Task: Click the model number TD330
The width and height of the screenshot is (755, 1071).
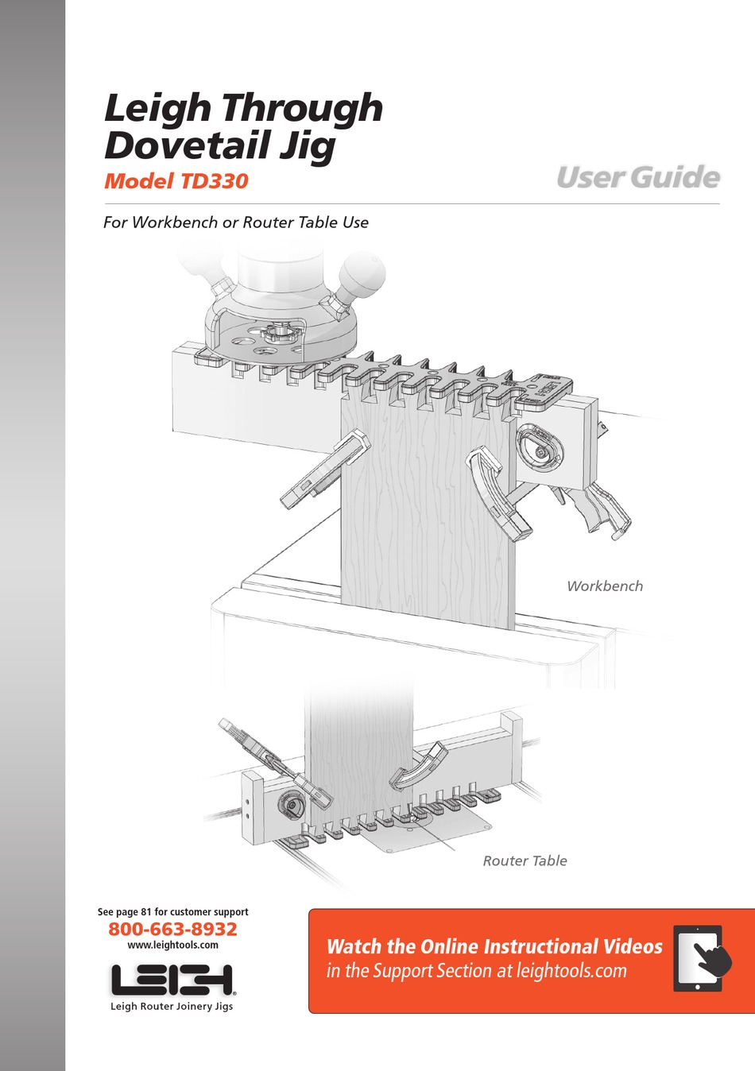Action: point(215,181)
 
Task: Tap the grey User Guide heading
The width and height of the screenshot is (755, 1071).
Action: point(637,177)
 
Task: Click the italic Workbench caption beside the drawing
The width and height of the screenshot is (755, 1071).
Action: point(604,586)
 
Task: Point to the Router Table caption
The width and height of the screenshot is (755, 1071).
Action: point(525,860)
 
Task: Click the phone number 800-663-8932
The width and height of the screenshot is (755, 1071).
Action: point(172,929)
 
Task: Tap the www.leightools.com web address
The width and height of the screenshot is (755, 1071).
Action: point(172,945)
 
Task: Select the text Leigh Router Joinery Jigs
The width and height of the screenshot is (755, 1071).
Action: point(172,1006)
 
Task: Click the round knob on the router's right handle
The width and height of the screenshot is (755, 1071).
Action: point(362,275)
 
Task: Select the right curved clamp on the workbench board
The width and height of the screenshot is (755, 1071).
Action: point(498,493)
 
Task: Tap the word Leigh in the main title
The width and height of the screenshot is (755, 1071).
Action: point(157,108)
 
